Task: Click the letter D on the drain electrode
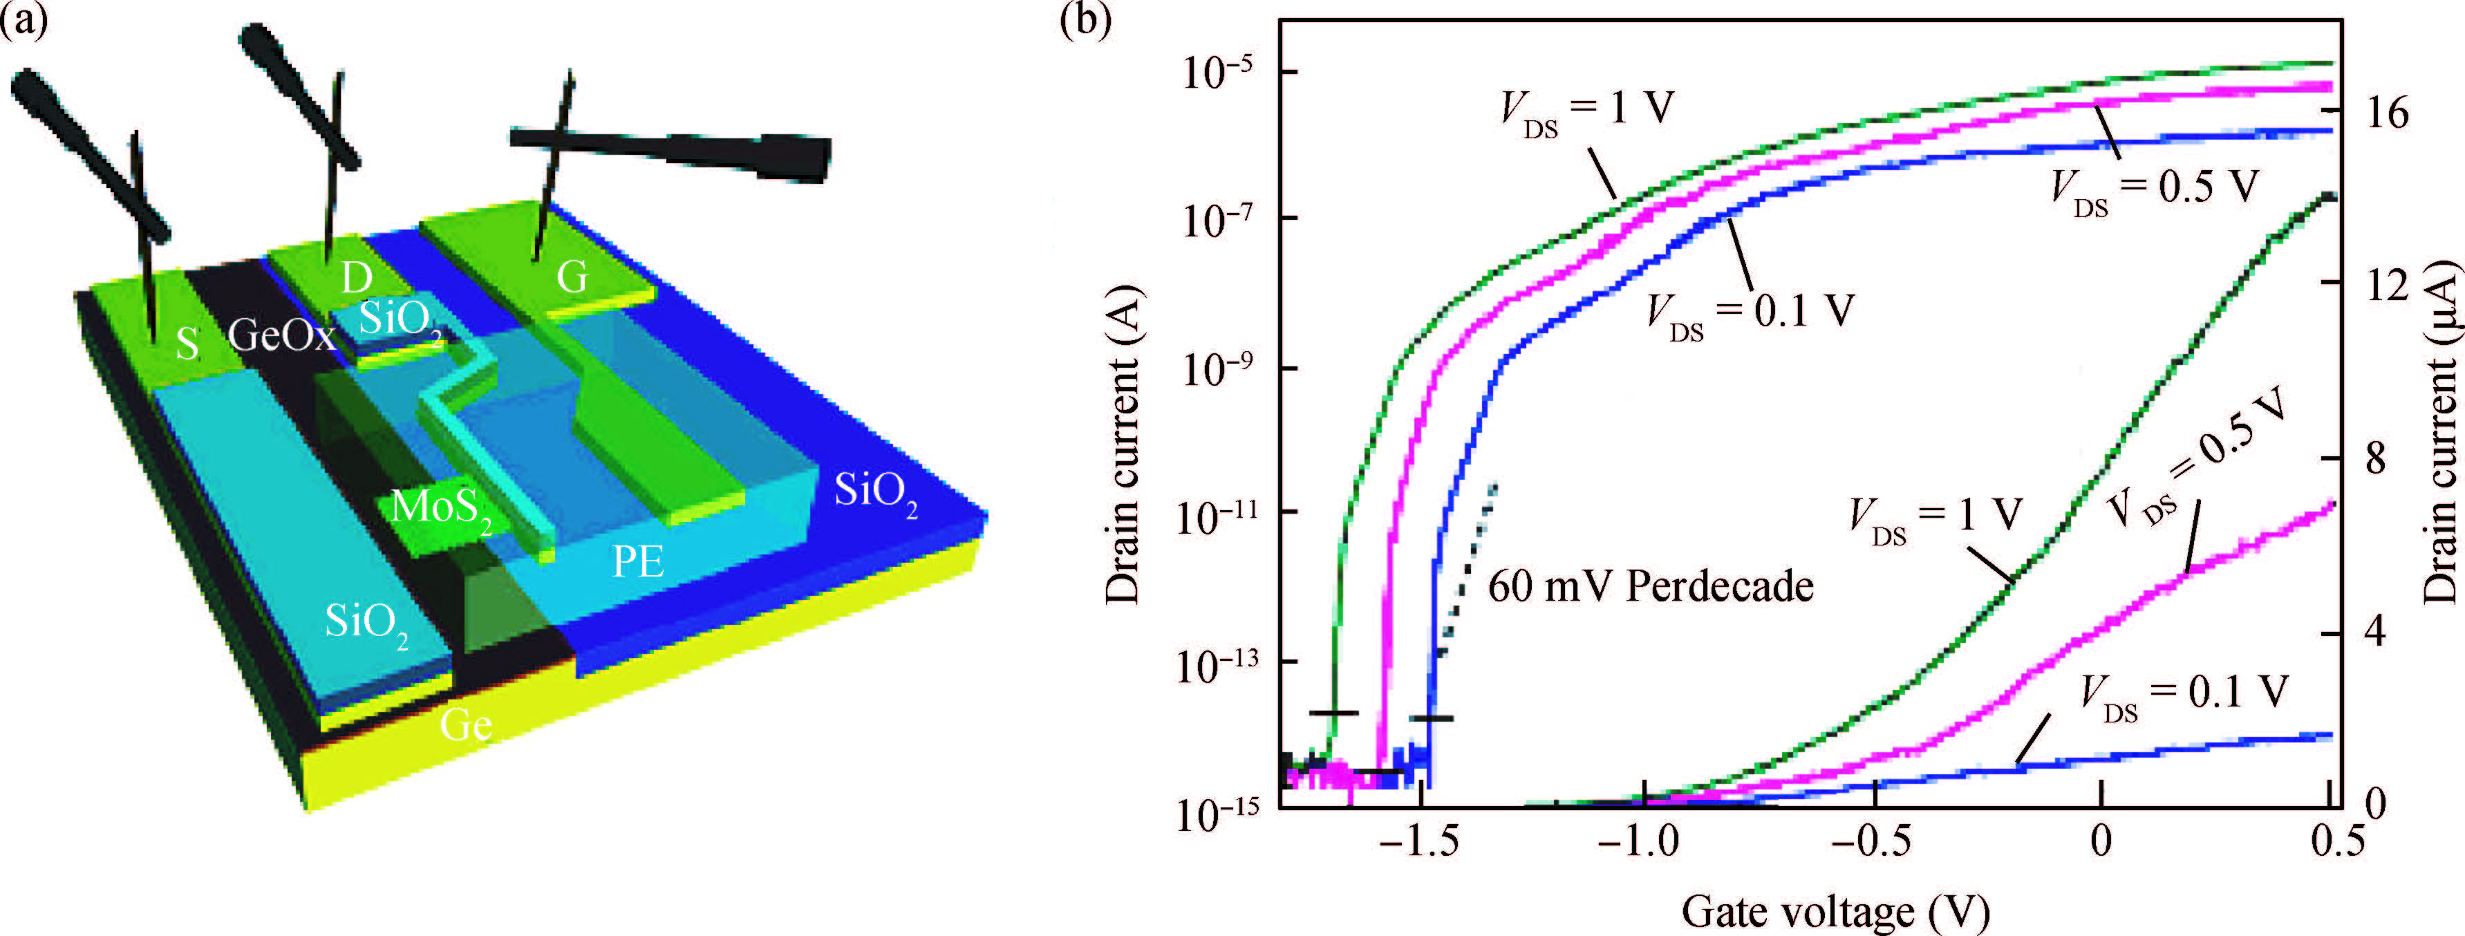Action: click(x=356, y=279)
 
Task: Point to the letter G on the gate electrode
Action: click(x=572, y=277)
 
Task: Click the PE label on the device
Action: click(x=638, y=562)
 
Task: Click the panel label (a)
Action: click(x=24, y=21)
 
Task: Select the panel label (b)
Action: click(x=1086, y=21)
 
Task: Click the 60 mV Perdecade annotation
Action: click(x=1651, y=586)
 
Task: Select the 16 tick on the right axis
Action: click(x=2383, y=113)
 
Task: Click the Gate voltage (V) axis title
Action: click(x=1835, y=911)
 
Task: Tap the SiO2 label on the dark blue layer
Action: click(x=876, y=492)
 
